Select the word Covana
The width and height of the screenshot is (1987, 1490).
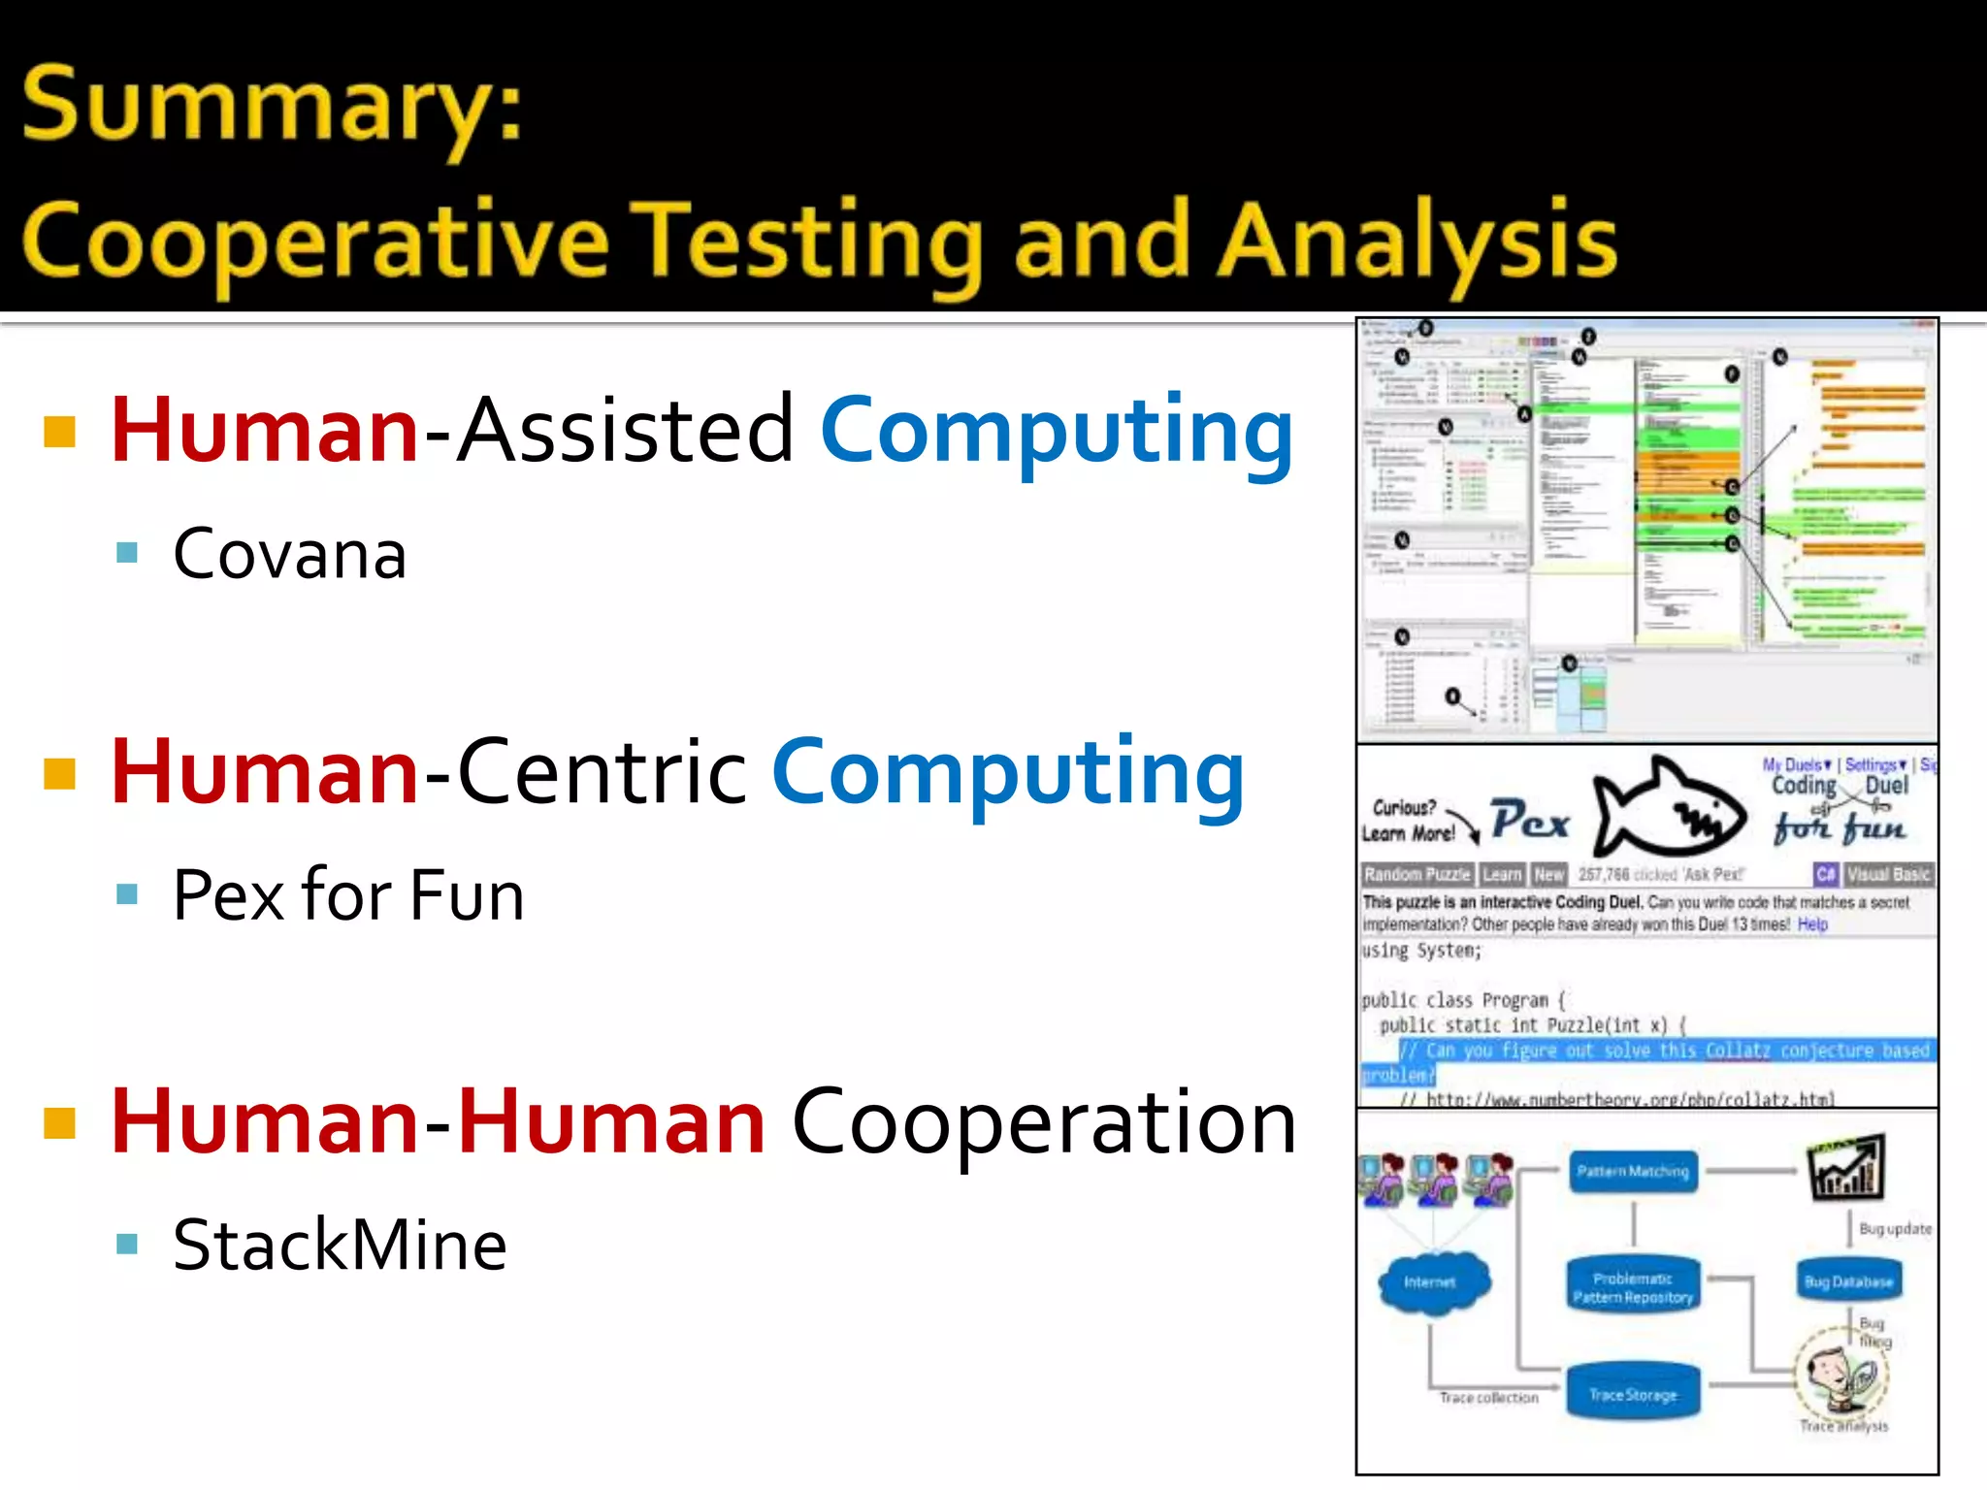click(x=289, y=555)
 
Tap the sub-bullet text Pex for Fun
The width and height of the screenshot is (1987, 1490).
click(x=348, y=895)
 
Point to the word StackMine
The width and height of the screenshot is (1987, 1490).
click(x=340, y=1246)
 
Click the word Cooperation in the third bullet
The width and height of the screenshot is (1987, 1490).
click(x=1043, y=1122)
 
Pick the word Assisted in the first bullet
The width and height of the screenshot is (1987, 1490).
click(x=625, y=430)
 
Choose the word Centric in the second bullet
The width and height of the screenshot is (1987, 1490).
click(x=602, y=772)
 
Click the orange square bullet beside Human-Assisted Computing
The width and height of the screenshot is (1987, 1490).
click(x=60, y=432)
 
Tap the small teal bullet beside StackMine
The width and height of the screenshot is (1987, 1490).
click(x=127, y=1244)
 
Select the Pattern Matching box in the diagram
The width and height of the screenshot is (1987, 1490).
click(x=1633, y=1172)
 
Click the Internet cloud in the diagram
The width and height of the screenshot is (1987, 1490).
click(x=1430, y=1282)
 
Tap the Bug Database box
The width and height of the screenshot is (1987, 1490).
click(x=1848, y=1281)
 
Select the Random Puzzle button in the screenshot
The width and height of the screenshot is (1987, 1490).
click(x=1417, y=874)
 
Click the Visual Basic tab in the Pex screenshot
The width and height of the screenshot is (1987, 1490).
click(x=1887, y=874)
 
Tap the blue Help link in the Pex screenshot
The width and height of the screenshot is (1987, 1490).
click(x=1812, y=924)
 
